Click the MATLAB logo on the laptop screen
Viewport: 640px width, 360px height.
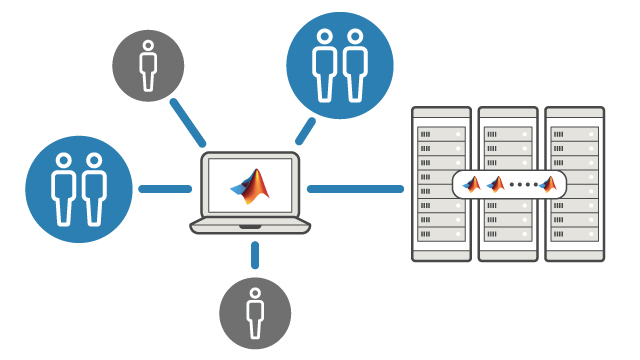pos(250,186)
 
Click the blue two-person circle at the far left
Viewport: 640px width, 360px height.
pos(78,188)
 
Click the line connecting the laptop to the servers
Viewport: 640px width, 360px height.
pos(355,188)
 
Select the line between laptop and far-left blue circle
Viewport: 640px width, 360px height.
pos(164,188)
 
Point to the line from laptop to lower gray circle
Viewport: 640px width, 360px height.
pos(254,254)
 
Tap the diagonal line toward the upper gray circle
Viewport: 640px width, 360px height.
pos(188,120)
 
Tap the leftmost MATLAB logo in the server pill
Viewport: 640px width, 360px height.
pos(471,183)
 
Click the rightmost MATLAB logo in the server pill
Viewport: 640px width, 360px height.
pos(547,183)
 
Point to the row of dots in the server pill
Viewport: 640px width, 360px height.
pos(522,185)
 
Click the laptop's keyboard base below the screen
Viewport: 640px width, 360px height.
pos(250,226)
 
